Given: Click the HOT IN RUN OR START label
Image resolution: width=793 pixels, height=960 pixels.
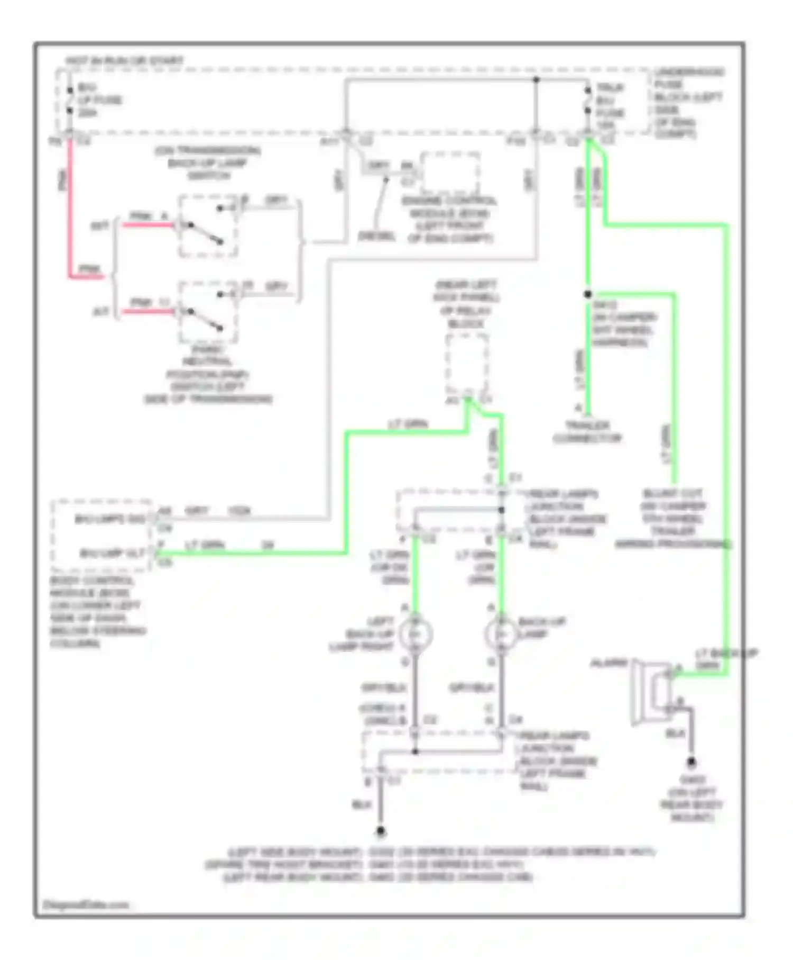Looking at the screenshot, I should click(x=124, y=61).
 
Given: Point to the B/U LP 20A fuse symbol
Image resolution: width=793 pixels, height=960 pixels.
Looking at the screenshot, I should click(x=70, y=101).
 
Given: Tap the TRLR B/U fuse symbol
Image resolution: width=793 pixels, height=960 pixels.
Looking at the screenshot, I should click(x=587, y=101).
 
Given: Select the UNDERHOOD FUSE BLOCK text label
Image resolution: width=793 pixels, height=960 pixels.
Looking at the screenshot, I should click(x=688, y=103).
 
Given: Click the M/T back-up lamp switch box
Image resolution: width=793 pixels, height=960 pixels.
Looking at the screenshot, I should click(x=208, y=227).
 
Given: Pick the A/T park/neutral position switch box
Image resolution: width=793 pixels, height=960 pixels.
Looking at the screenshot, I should click(x=208, y=312).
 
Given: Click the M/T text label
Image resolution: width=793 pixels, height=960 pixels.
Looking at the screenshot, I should click(x=99, y=226).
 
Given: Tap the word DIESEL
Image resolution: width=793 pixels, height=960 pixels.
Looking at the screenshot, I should click(x=376, y=236).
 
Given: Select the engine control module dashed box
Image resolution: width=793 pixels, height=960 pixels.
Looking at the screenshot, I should click(x=450, y=173).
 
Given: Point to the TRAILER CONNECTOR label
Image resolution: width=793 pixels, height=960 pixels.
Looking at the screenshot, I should click(x=587, y=432).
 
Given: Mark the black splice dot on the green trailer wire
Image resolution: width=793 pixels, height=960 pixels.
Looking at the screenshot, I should click(x=588, y=294).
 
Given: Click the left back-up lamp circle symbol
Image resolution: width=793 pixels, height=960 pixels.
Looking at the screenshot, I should click(x=415, y=634).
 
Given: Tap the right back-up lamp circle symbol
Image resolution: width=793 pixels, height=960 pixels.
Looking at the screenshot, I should click(x=501, y=634).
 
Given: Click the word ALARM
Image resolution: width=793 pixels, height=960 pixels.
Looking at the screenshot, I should click(x=608, y=663).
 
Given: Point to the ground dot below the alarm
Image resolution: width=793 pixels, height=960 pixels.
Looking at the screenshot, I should click(x=691, y=762).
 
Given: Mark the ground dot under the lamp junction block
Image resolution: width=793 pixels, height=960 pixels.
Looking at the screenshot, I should click(x=381, y=831).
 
